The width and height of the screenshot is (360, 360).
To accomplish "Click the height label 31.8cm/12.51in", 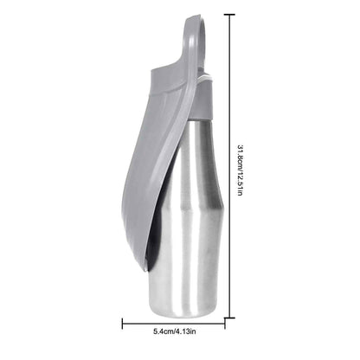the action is (x=240, y=170).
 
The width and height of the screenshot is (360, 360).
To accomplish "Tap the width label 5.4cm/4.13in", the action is (x=175, y=331).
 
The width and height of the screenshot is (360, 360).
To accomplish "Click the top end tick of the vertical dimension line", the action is (x=229, y=15).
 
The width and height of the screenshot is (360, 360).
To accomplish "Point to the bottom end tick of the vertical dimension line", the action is (x=229, y=318).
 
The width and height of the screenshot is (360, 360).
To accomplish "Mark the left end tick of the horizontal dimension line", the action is (x=122, y=324).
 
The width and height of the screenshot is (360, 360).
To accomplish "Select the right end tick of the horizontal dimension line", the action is (x=225, y=324).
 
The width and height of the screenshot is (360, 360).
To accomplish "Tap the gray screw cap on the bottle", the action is (x=203, y=100).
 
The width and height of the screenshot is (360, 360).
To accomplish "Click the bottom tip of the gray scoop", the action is (x=145, y=270).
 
